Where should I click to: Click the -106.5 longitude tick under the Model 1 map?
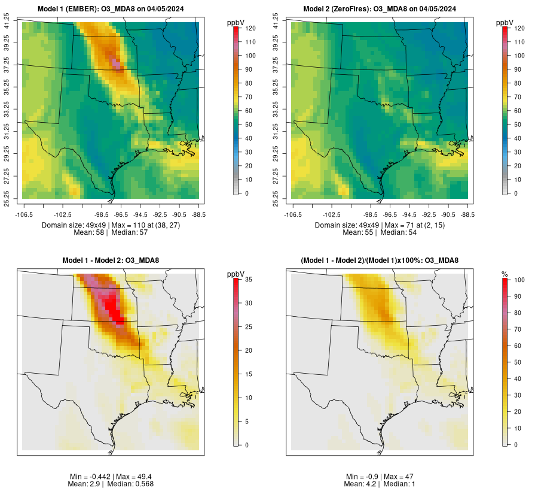coord(23,214)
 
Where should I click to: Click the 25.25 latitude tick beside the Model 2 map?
coord(276,198)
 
